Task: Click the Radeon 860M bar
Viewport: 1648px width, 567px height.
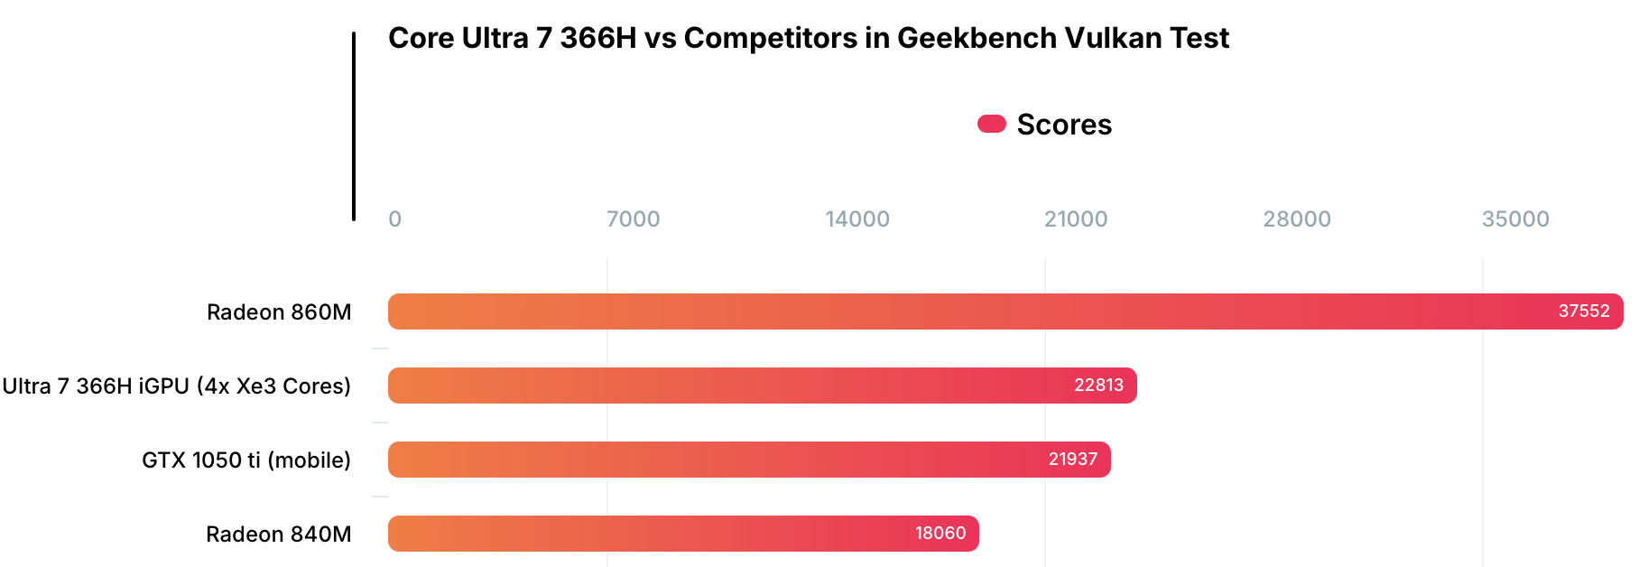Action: pos(1005,311)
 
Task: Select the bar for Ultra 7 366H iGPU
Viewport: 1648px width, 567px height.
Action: pos(762,386)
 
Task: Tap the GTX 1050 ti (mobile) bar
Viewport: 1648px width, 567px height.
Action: pos(749,460)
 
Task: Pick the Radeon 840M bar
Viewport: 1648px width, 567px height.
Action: pos(683,534)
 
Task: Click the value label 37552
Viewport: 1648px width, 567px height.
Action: pos(1583,311)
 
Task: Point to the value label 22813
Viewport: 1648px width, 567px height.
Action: pos(1098,386)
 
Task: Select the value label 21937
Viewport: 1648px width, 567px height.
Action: pos(1072,460)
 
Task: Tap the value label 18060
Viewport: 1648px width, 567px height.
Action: pos(940,534)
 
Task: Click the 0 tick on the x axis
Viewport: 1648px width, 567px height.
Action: pos(394,219)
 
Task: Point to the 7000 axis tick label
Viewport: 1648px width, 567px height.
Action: pos(633,219)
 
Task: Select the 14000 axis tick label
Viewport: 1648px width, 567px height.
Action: pos(857,219)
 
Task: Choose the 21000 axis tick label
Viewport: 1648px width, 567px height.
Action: pos(1076,219)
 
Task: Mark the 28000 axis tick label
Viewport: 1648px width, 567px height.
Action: pos(1297,219)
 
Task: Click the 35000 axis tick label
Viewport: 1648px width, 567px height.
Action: pos(1515,219)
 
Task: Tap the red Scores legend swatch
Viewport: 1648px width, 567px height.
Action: pos(991,124)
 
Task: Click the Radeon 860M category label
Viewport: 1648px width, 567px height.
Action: pos(279,312)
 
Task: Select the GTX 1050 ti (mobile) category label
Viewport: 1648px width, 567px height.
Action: pos(246,460)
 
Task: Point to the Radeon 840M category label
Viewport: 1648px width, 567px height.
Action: pos(279,534)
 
